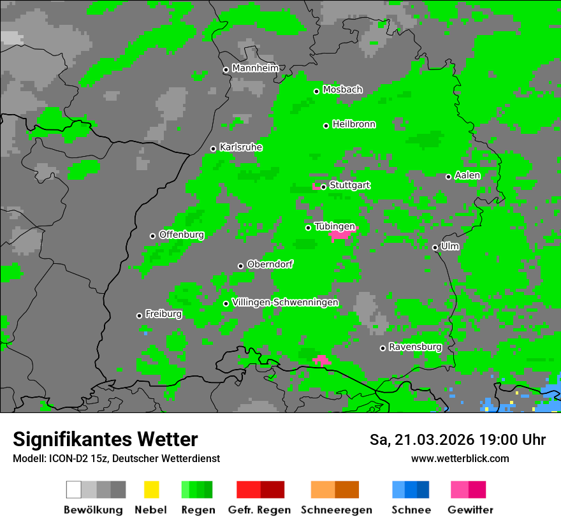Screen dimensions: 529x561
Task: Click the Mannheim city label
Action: pos(255,68)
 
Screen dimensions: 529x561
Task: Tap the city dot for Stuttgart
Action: pos(323,187)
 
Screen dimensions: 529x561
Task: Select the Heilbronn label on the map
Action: pos(354,124)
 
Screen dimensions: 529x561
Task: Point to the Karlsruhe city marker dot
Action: pos(213,149)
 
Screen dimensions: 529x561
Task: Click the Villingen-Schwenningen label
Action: pos(285,302)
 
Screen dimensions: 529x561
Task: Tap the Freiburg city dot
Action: pos(139,315)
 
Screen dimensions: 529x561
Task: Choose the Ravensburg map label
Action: pos(415,347)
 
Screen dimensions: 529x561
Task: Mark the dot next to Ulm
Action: pos(435,247)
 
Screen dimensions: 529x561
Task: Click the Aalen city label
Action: pos(467,175)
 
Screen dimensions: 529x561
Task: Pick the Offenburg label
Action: pos(181,235)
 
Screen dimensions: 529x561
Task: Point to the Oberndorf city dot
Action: pos(240,266)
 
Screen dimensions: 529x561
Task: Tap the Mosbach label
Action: pos(342,90)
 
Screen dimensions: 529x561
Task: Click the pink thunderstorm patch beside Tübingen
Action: pos(341,235)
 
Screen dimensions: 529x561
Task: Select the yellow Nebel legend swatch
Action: pos(151,489)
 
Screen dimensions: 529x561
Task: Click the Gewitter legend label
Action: pos(470,510)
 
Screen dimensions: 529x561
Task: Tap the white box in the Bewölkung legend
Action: pos(73,489)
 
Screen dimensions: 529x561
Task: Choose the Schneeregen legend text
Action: pos(336,510)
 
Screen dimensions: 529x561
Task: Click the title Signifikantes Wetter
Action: pos(105,439)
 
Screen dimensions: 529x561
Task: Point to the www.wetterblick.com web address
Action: pos(460,458)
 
